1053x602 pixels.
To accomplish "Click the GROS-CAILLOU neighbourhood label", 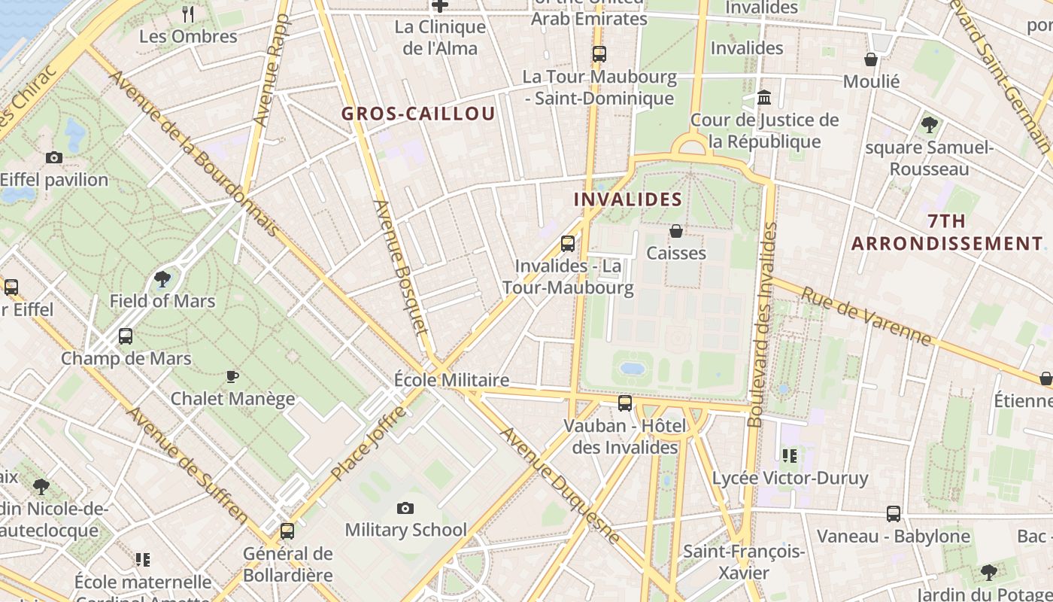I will tap(418, 114).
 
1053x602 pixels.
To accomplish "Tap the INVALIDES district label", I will tap(628, 199).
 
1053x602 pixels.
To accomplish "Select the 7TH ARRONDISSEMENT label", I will tap(947, 233).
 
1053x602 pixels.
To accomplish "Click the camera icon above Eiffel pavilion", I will tap(54, 157).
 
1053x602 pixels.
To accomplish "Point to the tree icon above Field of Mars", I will tap(162, 280).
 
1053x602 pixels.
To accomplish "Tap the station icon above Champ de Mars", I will tap(126, 336).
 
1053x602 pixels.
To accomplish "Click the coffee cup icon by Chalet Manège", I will tap(232, 376).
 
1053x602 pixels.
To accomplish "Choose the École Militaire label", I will tap(451, 380).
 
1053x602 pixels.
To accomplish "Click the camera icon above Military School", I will tap(405, 509).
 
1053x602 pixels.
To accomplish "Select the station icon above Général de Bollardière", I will tap(287, 531).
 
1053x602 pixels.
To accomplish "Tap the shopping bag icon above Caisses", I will tap(676, 231).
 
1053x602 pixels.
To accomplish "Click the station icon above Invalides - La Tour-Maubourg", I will tap(568, 244).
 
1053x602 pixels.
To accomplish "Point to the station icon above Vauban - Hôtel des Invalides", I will tap(625, 403).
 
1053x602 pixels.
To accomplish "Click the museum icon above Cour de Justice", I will tap(765, 98).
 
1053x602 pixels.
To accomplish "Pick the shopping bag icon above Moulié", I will tap(871, 59).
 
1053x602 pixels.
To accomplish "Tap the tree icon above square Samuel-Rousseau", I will tap(929, 124).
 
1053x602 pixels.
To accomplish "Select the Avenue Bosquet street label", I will tap(400, 267).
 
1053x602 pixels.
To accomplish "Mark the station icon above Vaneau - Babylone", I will tap(894, 514).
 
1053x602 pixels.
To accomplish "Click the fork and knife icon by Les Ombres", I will tap(188, 14).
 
